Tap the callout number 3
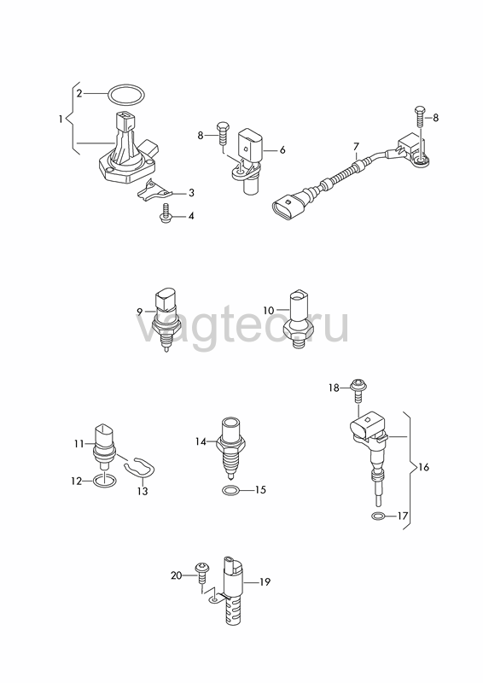(191, 193)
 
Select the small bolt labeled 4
(166, 214)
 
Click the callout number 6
(282, 150)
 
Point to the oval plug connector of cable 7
(288, 207)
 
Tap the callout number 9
(139, 312)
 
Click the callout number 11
(79, 444)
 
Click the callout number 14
(201, 441)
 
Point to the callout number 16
(423, 467)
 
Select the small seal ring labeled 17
(379, 517)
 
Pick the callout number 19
(265, 581)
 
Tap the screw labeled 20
(203, 574)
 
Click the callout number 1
(61, 118)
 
